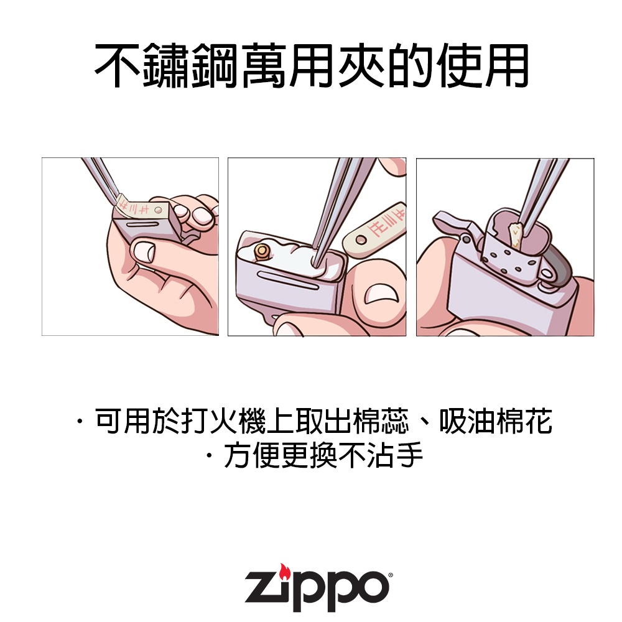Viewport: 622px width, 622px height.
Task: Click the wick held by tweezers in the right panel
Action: point(516,237)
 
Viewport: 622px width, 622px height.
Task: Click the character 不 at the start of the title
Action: point(118,65)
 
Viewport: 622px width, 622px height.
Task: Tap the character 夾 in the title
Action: point(362,65)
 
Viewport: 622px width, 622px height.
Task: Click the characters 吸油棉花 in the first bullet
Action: point(496,421)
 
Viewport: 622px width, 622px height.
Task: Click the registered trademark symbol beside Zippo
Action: point(391,573)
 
